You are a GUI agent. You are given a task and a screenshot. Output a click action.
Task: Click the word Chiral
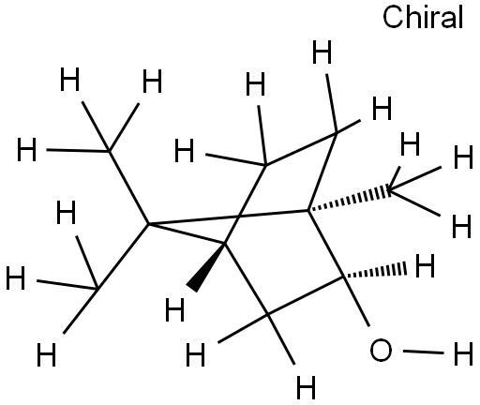click(423, 18)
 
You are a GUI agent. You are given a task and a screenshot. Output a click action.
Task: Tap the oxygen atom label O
click(381, 350)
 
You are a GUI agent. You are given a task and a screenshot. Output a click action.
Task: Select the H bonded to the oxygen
click(463, 353)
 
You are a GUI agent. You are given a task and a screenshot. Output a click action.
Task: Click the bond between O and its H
click(424, 352)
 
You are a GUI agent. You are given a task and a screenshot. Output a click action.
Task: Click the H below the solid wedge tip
click(174, 309)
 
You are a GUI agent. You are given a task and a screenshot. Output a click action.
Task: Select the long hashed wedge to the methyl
click(348, 199)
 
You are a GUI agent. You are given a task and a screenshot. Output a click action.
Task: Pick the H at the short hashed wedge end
click(425, 265)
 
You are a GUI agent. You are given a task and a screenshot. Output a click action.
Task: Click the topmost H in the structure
click(322, 52)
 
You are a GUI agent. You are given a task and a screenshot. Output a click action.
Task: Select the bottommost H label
click(306, 387)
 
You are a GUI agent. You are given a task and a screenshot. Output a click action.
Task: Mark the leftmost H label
click(15, 277)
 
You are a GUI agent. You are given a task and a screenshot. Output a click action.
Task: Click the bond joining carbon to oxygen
click(356, 301)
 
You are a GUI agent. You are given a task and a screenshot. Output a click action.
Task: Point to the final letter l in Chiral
click(460, 17)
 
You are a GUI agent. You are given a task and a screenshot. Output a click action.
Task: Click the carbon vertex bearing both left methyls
click(149, 224)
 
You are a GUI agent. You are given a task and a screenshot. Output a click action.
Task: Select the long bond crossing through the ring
click(228, 217)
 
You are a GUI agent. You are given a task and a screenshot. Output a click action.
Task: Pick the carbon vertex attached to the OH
click(343, 277)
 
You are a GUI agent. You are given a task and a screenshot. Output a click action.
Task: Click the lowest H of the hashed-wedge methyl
click(461, 226)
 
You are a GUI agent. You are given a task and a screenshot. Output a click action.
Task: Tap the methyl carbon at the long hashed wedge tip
click(389, 189)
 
